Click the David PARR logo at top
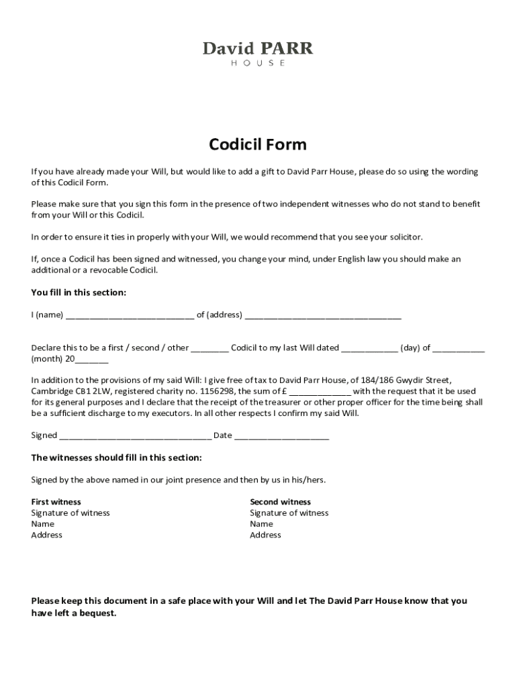coord(258,53)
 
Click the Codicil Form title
coord(258,144)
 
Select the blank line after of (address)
coord(323,315)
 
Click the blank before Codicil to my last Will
coord(209,348)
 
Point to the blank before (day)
coord(369,348)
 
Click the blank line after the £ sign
coord(320,392)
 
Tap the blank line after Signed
coord(135,435)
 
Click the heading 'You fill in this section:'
coord(79,293)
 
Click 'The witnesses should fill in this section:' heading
coord(116,458)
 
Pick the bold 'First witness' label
coord(56,502)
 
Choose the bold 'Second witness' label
coord(280,502)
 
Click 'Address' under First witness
coord(46,535)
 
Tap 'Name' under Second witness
coord(261,524)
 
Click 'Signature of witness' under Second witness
coord(289,513)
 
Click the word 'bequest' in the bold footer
coord(99,613)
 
